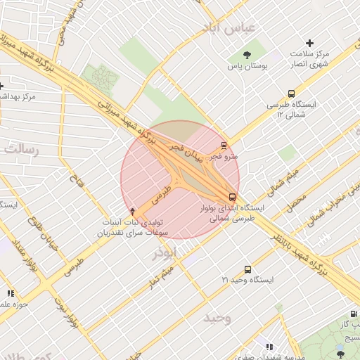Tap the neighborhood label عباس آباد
pos(230,27)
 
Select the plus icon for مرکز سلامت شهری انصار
pos(309,43)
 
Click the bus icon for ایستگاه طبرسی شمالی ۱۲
pos(291,93)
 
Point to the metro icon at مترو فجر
pos(224,146)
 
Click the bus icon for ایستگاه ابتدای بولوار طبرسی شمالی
pos(232,197)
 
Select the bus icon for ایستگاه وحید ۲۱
pos(247,269)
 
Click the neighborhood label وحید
pos(217,319)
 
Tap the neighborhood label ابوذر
pos(173,250)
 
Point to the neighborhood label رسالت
pos(22,148)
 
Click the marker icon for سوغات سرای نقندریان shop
pos(133,211)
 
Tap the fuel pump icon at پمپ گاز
pos(352,315)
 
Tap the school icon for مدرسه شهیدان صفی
pos(269,346)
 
